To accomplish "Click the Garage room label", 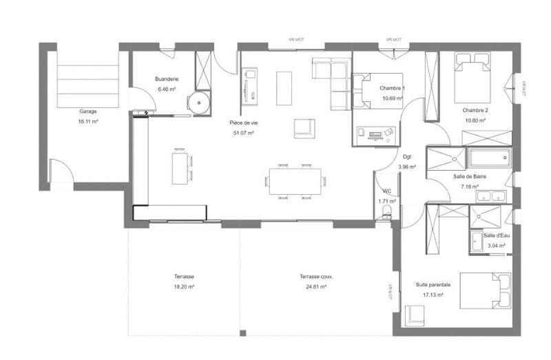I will pyautogui.click(x=87, y=111).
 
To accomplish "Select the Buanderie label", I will pyautogui.click(x=167, y=79).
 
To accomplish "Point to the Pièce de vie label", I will pyautogui.click(x=244, y=123).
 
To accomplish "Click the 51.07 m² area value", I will pyautogui.click(x=244, y=133).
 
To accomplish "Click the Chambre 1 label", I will pyautogui.click(x=392, y=88).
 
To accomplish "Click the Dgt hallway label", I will pyautogui.click(x=407, y=156).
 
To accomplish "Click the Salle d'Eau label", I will pyautogui.click(x=495, y=235).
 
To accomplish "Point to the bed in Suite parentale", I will pyautogui.click(x=486, y=290).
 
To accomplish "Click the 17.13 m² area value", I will pyautogui.click(x=433, y=295).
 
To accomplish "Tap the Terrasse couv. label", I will pyautogui.click(x=313, y=277).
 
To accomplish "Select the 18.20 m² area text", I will pyautogui.click(x=184, y=286).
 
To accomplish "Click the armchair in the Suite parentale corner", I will pyautogui.click(x=416, y=315).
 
